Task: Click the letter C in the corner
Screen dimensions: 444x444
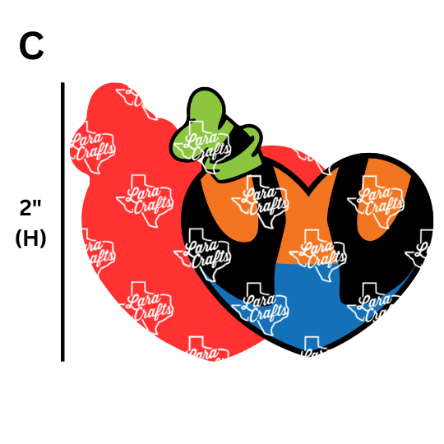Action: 31,46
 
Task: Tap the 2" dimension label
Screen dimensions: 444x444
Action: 30,207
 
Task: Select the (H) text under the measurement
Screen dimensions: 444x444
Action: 30,238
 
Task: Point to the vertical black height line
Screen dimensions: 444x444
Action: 62,222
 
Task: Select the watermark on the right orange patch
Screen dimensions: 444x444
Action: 376,201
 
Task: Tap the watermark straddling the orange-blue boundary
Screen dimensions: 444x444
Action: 317,256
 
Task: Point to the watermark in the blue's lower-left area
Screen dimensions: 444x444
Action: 260,308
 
